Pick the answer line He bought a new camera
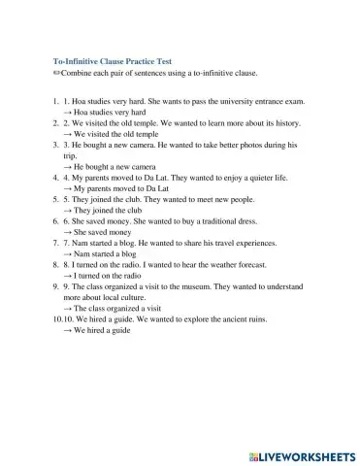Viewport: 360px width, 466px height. (x=112, y=167)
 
